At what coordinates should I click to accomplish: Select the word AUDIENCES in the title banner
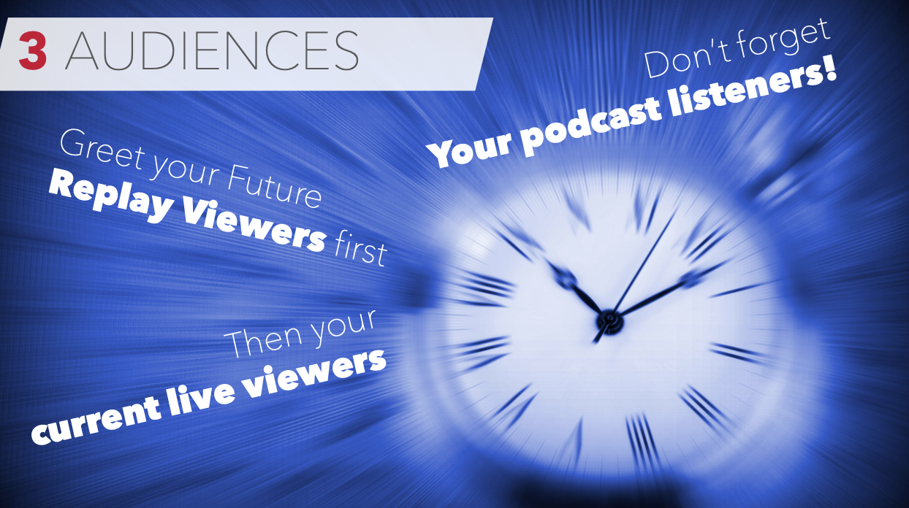[x=212, y=51]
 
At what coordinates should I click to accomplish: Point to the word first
[x=357, y=250]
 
